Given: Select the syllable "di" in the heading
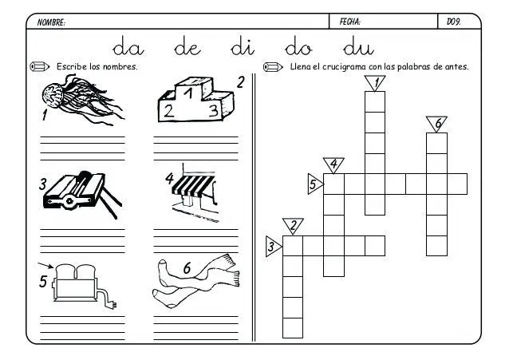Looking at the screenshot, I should [241, 47].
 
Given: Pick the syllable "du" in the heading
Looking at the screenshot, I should [358, 47].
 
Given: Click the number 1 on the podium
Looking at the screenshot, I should [188, 93].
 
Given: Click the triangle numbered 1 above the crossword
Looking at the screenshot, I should [374, 82].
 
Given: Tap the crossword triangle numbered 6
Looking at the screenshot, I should [436, 124].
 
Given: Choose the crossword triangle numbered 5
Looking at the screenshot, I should [314, 184].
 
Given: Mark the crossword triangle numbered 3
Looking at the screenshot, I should [273, 247].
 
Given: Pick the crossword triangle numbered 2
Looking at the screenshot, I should [293, 226].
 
